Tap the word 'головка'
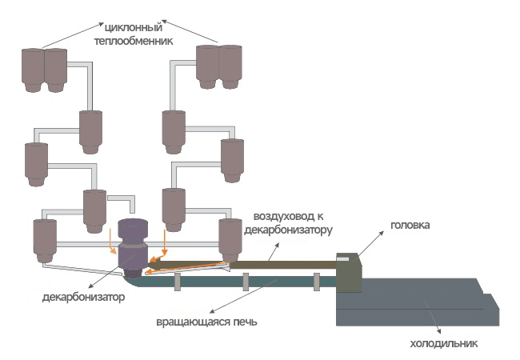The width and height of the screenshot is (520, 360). point(411,226)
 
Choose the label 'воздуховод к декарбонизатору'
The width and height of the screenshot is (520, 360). point(292,223)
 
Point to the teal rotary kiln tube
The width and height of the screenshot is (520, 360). point(240,279)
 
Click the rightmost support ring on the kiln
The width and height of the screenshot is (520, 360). point(317,280)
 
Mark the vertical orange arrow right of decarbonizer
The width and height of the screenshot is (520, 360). point(164,239)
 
